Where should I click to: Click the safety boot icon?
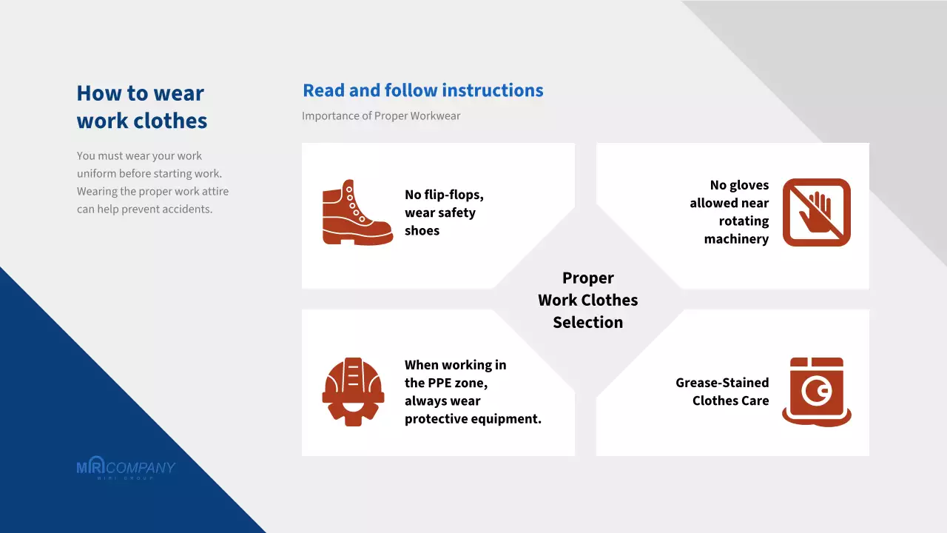click(357, 212)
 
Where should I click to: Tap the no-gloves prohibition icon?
click(816, 212)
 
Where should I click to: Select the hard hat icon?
click(353, 392)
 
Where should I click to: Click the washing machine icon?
click(816, 392)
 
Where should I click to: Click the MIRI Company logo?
click(126, 469)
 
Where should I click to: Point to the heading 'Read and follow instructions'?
click(422, 90)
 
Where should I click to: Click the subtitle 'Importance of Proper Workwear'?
click(381, 115)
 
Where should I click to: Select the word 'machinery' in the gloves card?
click(736, 238)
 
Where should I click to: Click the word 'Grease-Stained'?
click(721, 383)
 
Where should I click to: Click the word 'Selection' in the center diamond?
click(587, 322)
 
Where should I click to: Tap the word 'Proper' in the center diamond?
click(587, 278)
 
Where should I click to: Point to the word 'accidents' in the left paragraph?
click(186, 209)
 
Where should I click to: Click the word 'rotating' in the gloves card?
click(744, 221)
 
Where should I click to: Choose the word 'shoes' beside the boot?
click(422, 230)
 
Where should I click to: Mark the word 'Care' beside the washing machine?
click(752, 400)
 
